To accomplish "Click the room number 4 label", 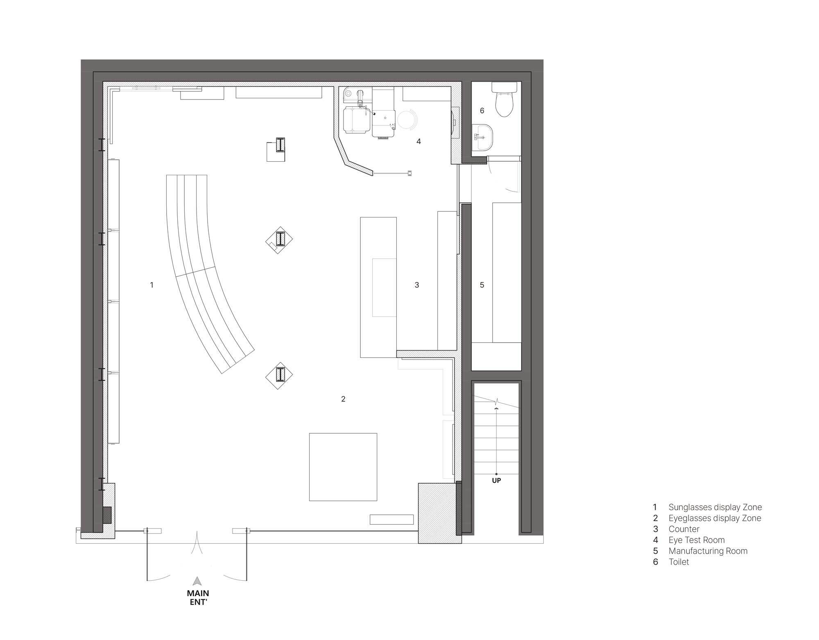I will pos(419,141).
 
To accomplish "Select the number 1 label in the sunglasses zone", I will pos(152,285).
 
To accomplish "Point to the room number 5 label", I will pos(482,285).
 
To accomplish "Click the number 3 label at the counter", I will pos(417,285).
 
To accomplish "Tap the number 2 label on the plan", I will pos(343,399).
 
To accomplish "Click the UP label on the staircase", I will pos(496,480).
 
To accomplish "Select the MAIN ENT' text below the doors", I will pos(198,597).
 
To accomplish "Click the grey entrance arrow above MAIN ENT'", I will pos(197,581).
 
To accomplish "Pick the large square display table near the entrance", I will pos(343,467).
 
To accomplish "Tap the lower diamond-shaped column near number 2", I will pos(279,375).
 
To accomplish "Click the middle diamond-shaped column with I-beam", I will pos(279,240).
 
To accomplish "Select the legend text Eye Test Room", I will pos(696,540).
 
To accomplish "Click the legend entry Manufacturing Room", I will pos(708,551).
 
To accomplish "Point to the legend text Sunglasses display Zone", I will pos(715,507).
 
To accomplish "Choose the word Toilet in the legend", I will pos(679,562).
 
